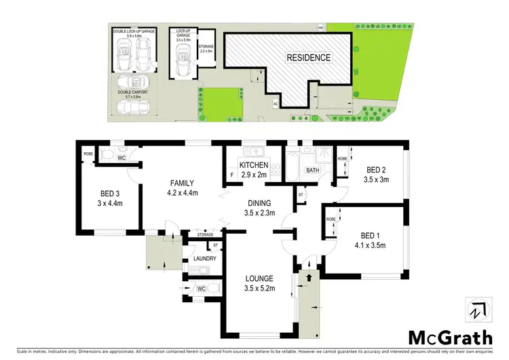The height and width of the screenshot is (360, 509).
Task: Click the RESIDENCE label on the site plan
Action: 308,58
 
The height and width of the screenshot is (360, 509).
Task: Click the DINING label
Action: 260,202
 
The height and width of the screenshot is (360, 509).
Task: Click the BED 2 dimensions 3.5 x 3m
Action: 377,179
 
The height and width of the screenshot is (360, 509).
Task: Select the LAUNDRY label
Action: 204,259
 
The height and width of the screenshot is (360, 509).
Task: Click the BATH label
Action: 313,170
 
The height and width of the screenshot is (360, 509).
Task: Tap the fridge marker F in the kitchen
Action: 232,175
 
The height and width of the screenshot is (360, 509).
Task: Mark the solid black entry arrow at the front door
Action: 309,276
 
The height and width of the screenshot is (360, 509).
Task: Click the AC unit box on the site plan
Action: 276,103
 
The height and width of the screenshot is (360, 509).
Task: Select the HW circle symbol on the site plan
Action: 320,28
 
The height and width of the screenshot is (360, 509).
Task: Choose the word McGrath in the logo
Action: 447,338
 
